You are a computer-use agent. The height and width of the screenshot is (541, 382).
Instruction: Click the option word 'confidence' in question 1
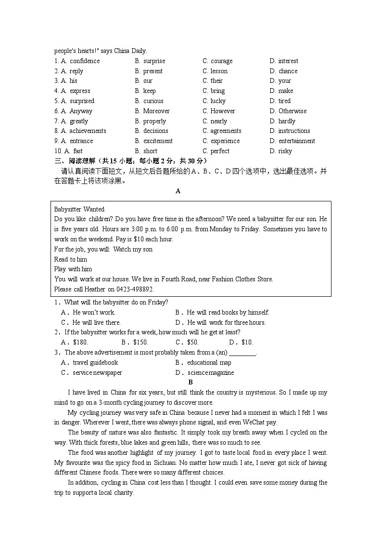(85, 61)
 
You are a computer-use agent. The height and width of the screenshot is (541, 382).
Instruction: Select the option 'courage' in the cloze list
(221, 61)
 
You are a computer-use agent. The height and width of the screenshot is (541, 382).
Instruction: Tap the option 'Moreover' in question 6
(156, 111)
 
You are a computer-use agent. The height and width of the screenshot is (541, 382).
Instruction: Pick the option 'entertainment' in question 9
(297, 141)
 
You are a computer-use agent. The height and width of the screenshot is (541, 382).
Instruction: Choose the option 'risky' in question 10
(285, 151)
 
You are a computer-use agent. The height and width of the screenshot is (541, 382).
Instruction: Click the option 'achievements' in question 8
(88, 131)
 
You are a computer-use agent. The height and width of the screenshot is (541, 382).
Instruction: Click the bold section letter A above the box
(178, 191)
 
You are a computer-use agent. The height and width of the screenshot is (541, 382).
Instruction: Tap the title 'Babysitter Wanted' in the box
(79, 210)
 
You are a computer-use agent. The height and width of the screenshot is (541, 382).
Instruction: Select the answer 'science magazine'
(211, 373)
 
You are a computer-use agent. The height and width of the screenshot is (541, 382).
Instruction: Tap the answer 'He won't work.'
(94, 313)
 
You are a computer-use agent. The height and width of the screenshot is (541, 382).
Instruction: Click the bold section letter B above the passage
(191, 383)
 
